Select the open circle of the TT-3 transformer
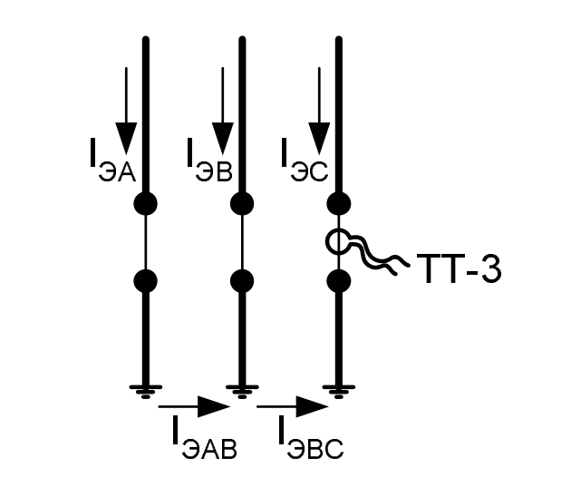pyautogui.click(x=338, y=242)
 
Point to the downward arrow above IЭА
pyautogui.click(x=127, y=109)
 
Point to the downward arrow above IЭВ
pyautogui.click(x=223, y=109)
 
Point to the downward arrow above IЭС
pyautogui.click(x=318, y=109)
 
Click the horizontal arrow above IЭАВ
pyautogui.click(x=195, y=408)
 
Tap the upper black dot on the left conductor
pyautogui.click(x=145, y=203)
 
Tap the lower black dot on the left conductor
pyautogui.click(x=145, y=280)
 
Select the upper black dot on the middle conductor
pyautogui.click(x=241, y=203)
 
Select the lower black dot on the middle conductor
pyautogui.click(x=241, y=280)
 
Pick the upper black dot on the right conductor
pyautogui.click(x=338, y=203)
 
